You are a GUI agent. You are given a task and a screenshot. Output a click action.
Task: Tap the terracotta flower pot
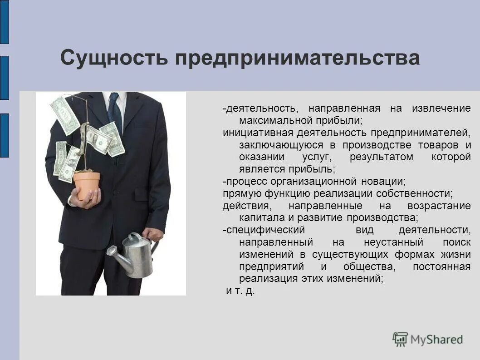click(x=87, y=184)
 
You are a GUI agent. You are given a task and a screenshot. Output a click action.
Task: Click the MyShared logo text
click(x=436, y=339)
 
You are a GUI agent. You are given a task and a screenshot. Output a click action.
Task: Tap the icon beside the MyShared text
click(x=400, y=339)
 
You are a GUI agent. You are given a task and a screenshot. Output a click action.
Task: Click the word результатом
click(x=382, y=157)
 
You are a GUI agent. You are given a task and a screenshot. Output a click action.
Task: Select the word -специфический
click(x=264, y=230)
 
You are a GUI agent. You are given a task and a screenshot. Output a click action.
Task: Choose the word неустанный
click(x=393, y=242)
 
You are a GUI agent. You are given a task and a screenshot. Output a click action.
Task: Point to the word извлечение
click(x=441, y=109)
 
